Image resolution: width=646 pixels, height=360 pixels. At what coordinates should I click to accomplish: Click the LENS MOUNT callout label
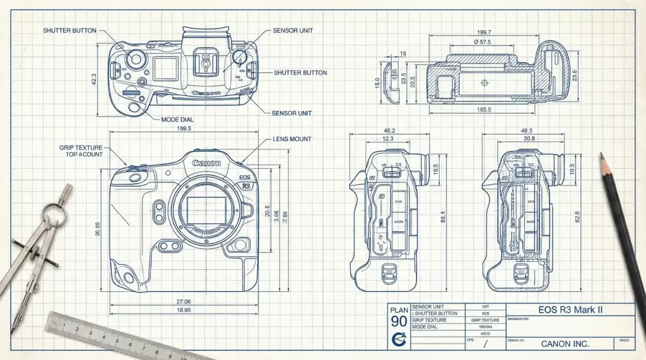point(292,139)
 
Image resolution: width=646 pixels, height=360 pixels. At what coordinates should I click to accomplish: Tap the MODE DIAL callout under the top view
point(177,119)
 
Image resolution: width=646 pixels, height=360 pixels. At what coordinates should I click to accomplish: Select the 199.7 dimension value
point(484,32)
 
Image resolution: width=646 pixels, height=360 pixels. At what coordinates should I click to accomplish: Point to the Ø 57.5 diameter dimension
point(483,42)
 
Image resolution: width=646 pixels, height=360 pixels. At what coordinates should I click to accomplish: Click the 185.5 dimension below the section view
point(484,110)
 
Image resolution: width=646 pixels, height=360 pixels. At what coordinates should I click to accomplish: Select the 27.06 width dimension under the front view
point(184,302)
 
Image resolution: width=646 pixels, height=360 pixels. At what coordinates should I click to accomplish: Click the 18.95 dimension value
point(184,311)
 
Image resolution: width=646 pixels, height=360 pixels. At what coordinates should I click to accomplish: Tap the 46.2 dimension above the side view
point(389,130)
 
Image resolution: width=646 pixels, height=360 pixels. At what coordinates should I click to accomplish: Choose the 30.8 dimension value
point(529,139)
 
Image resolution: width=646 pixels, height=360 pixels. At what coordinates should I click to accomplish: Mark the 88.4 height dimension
point(443,216)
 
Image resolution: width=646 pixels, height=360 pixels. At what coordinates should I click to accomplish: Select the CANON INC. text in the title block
point(565,344)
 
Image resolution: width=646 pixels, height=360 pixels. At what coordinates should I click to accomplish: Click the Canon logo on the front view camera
point(206,163)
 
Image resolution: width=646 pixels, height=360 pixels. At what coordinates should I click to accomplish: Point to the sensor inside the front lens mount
point(204,210)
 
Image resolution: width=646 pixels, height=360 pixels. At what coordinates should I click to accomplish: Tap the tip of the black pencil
point(602,155)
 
